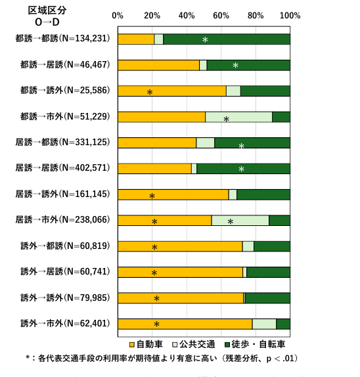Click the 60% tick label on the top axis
(221, 16)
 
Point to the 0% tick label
(118, 16)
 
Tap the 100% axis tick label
(290, 16)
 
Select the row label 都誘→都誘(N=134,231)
(63, 39)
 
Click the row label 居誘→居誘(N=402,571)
(63, 168)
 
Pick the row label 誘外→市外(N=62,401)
(65, 323)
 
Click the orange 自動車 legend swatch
(132, 345)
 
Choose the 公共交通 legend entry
(194, 345)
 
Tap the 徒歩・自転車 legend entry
(255, 345)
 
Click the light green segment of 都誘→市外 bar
(239, 117)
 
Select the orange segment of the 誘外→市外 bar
(185, 324)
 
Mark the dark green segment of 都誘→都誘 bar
(227, 39)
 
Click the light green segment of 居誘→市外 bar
(240, 221)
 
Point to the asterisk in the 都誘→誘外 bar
(150, 93)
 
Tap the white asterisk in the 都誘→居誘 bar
(235, 65)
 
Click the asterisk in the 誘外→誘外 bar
(156, 299)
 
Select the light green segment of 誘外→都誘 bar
(248, 246)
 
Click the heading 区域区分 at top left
(47, 11)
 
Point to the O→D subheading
(47, 22)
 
